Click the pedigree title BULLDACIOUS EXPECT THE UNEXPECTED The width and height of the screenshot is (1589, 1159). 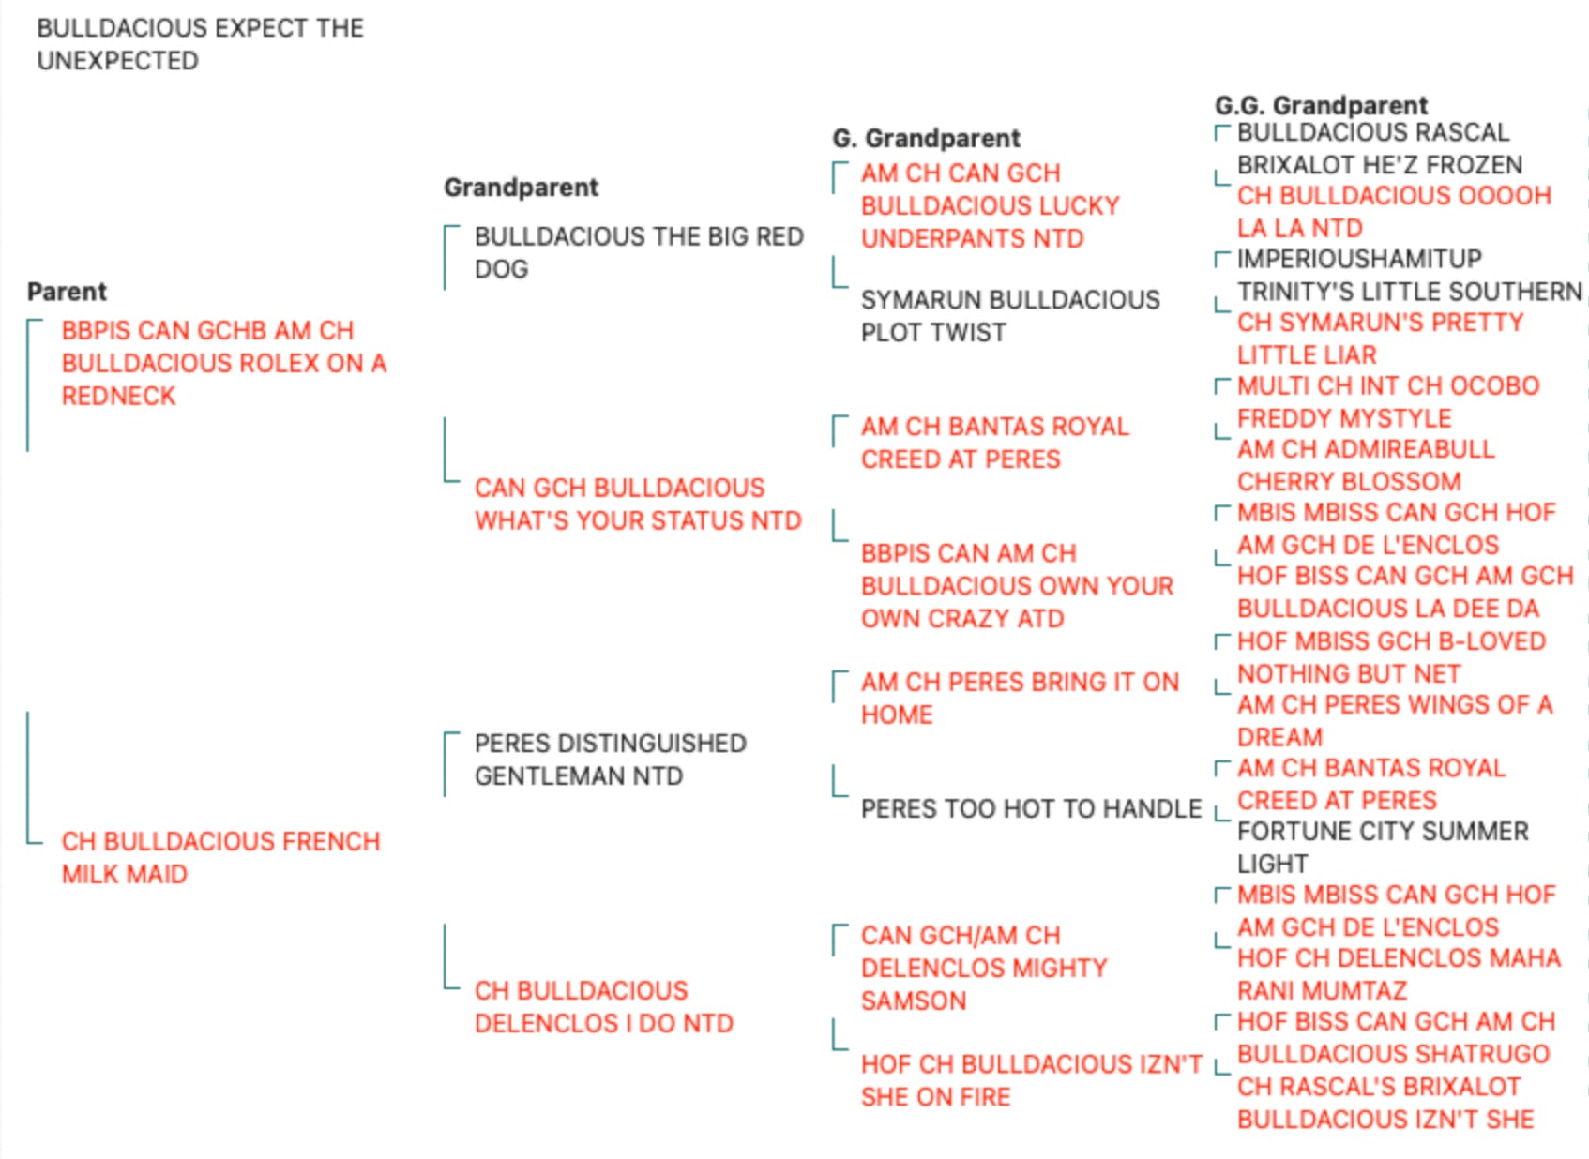pyautogui.click(x=200, y=44)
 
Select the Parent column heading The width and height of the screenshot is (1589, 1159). pyautogui.click(x=67, y=292)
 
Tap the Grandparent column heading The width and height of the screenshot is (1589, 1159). pyautogui.click(x=522, y=188)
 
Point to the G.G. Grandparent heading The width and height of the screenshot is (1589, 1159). pyautogui.click(x=1321, y=105)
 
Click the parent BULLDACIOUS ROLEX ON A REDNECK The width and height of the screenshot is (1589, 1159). pyautogui.click(x=224, y=363)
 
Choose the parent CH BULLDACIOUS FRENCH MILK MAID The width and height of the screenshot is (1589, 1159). pyautogui.click(x=220, y=858)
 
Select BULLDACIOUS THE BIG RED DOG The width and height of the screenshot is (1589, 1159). pyautogui.click(x=639, y=252)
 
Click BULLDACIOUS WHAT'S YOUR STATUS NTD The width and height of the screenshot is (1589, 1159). pyautogui.click(x=638, y=504)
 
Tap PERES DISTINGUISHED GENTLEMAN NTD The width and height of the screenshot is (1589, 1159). pyautogui.click(x=610, y=760)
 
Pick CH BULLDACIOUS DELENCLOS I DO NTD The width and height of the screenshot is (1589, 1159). pyautogui.click(x=604, y=1006)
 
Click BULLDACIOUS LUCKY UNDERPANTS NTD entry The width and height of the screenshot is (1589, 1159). pyautogui.click(x=991, y=205)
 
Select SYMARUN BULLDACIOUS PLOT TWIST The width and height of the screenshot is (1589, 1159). pyautogui.click(x=1010, y=316)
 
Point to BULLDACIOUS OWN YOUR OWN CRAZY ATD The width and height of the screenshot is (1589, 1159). pyautogui.click(x=1017, y=586)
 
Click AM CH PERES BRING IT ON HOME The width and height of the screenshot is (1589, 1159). pyautogui.click(x=1020, y=698)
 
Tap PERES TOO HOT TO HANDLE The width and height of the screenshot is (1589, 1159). pyautogui.click(x=1032, y=808)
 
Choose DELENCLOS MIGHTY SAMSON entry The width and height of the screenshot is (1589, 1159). pyautogui.click(x=984, y=969)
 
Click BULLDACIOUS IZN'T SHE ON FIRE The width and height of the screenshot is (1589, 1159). pyautogui.click(x=1032, y=1080)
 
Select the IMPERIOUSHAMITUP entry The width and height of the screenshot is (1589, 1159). pyautogui.click(x=1360, y=259)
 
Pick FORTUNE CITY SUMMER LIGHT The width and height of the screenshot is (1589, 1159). pyautogui.click(x=1384, y=848)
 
